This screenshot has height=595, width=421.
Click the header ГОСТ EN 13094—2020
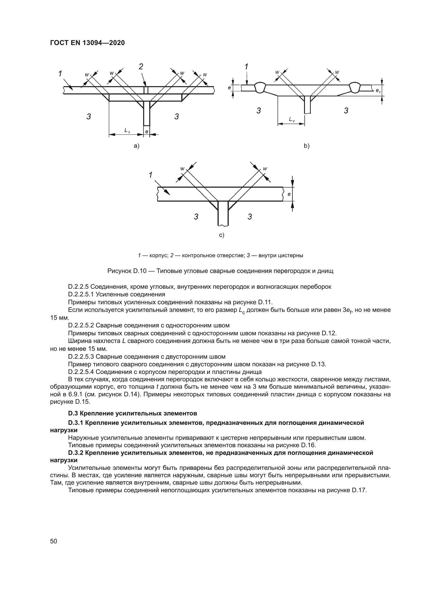pos(87,43)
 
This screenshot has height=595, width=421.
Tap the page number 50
pos(53,541)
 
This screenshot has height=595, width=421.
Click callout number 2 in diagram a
pos(141,67)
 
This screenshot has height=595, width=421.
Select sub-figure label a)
pos(136,146)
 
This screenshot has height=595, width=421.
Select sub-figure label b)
pos(307,146)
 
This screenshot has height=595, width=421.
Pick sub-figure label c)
pos(222,235)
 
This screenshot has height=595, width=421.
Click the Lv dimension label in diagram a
pos(127,131)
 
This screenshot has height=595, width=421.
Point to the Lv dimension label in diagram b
pos(292,120)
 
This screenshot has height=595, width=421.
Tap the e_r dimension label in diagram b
pos(378,91)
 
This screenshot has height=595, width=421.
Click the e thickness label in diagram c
pos(289,194)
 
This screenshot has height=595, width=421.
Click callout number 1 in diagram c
pos(150,175)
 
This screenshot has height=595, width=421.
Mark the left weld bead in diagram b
pos(259,87)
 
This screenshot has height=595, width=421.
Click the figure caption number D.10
pos(140,271)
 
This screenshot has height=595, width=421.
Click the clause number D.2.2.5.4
pos(81,372)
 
